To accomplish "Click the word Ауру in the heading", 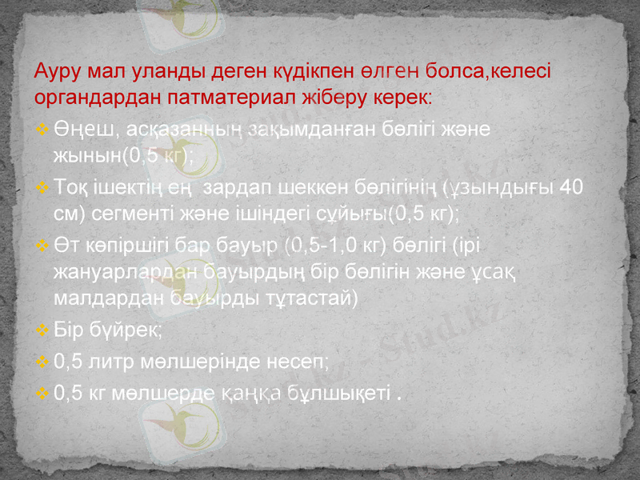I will tap(54, 71).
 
